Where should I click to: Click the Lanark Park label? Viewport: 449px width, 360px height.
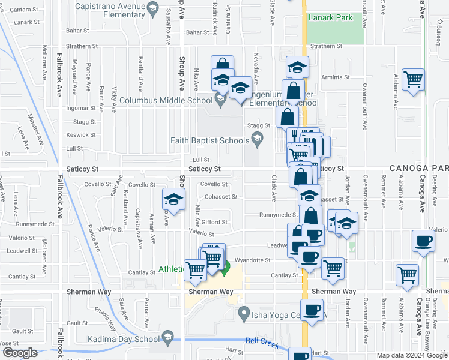pyautogui.click(x=331, y=18)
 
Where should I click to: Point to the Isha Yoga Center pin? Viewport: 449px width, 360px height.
pyautogui.click(x=244, y=313)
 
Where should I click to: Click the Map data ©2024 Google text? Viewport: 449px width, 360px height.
pyautogui.click(x=411, y=355)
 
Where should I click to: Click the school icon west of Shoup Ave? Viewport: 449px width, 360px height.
pyautogui.click(x=173, y=199)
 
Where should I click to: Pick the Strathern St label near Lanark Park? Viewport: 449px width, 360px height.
pyautogui.click(x=327, y=46)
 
